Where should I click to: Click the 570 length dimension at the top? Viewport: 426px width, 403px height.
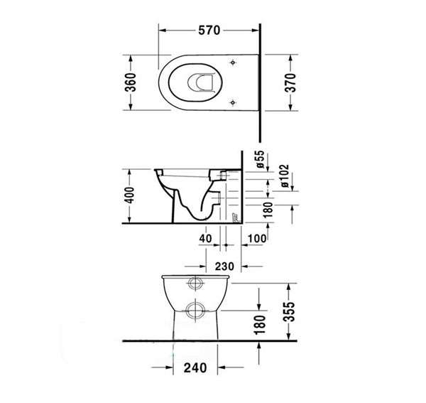click(209, 30)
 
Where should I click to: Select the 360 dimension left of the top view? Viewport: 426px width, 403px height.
click(131, 82)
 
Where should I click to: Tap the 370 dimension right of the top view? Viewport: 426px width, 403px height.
click(291, 82)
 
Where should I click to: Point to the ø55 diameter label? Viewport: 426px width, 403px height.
click(261, 159)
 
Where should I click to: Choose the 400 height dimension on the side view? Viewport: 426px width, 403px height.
click(129, 195)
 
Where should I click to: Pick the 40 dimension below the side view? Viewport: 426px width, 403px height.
click(205, 239)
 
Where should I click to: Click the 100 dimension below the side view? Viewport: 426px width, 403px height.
click(257, 239)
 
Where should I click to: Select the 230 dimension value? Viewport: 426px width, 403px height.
click(224, 267)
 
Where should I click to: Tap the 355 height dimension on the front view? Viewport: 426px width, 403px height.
click(289, 311)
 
